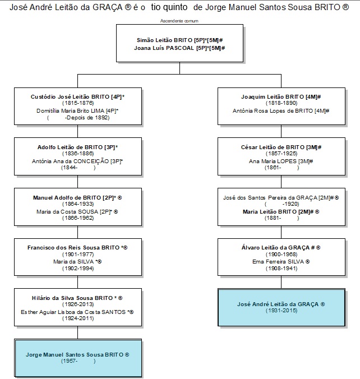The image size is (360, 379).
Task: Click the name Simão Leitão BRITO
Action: [165, 40]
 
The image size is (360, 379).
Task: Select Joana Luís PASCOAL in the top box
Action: [164, 48]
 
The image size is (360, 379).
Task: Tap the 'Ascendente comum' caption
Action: [179, 21]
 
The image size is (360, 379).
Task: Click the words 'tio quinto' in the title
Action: [169, 7]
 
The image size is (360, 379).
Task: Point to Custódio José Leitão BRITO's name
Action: [70, 96]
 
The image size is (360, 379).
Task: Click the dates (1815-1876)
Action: [78, 103]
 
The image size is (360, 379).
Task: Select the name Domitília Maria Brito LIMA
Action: [70, 111]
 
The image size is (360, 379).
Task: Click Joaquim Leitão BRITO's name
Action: [272, 96]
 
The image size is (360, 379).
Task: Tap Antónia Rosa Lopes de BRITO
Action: [273, 111]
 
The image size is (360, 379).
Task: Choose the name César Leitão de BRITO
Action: [273, 147]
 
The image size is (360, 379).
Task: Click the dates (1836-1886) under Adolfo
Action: [78, 154]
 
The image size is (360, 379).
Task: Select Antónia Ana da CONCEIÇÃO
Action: [70, 161]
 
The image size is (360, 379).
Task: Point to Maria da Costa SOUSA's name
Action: [67, 212]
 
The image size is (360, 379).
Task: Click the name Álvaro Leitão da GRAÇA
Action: [275, 247]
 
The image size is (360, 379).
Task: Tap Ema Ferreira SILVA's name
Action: [278, 261]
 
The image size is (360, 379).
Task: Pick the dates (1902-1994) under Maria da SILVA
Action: [78, 269]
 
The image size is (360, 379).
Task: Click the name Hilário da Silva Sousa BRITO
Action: [72, 298]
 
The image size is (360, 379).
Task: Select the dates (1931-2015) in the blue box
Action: [281, 311]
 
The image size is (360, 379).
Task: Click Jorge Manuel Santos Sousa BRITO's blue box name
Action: [75, 355]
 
